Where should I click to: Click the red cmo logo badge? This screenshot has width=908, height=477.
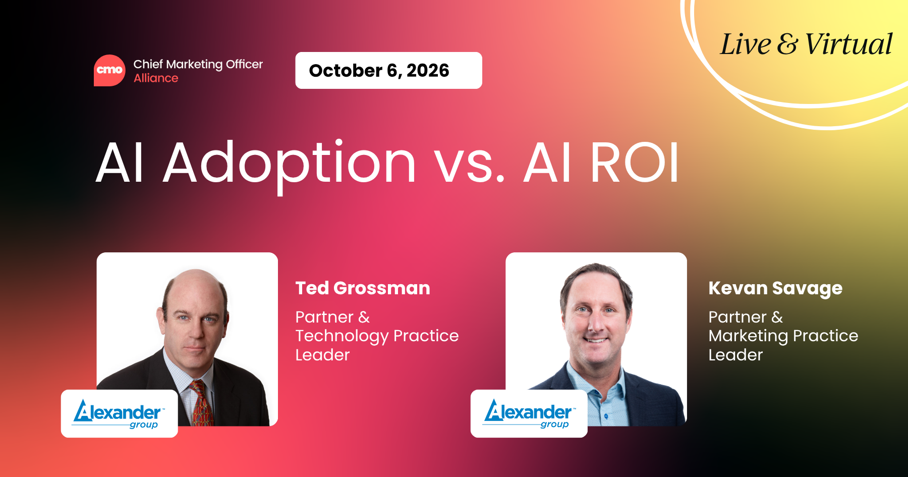[x=109, y=70]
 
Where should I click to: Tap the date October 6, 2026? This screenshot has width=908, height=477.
[x=379, y=71]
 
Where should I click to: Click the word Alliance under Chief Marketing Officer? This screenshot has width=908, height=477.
[x=156, y=78]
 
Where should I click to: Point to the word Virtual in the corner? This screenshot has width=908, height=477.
[x=848, y=44]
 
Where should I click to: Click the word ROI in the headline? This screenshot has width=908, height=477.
[x=635, y=163]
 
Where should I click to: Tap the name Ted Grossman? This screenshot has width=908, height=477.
[x=363, y=288]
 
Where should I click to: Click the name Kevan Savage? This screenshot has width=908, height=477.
[x=775, y=289]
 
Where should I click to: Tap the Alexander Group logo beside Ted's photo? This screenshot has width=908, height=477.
[x=120, y=413]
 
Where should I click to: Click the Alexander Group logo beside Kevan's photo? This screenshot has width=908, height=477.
[x=529, y=413]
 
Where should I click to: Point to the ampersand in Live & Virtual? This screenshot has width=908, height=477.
[x=787, y=44]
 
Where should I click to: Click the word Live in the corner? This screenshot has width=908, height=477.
[x=746, y=44]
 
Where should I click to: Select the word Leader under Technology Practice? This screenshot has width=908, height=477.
[x=322, y=355]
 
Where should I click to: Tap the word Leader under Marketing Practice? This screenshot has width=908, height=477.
[x=735, y=355]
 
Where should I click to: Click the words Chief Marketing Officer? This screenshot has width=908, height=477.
[x=198, y=65]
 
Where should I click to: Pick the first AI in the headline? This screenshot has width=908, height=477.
[x=120, y=163]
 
